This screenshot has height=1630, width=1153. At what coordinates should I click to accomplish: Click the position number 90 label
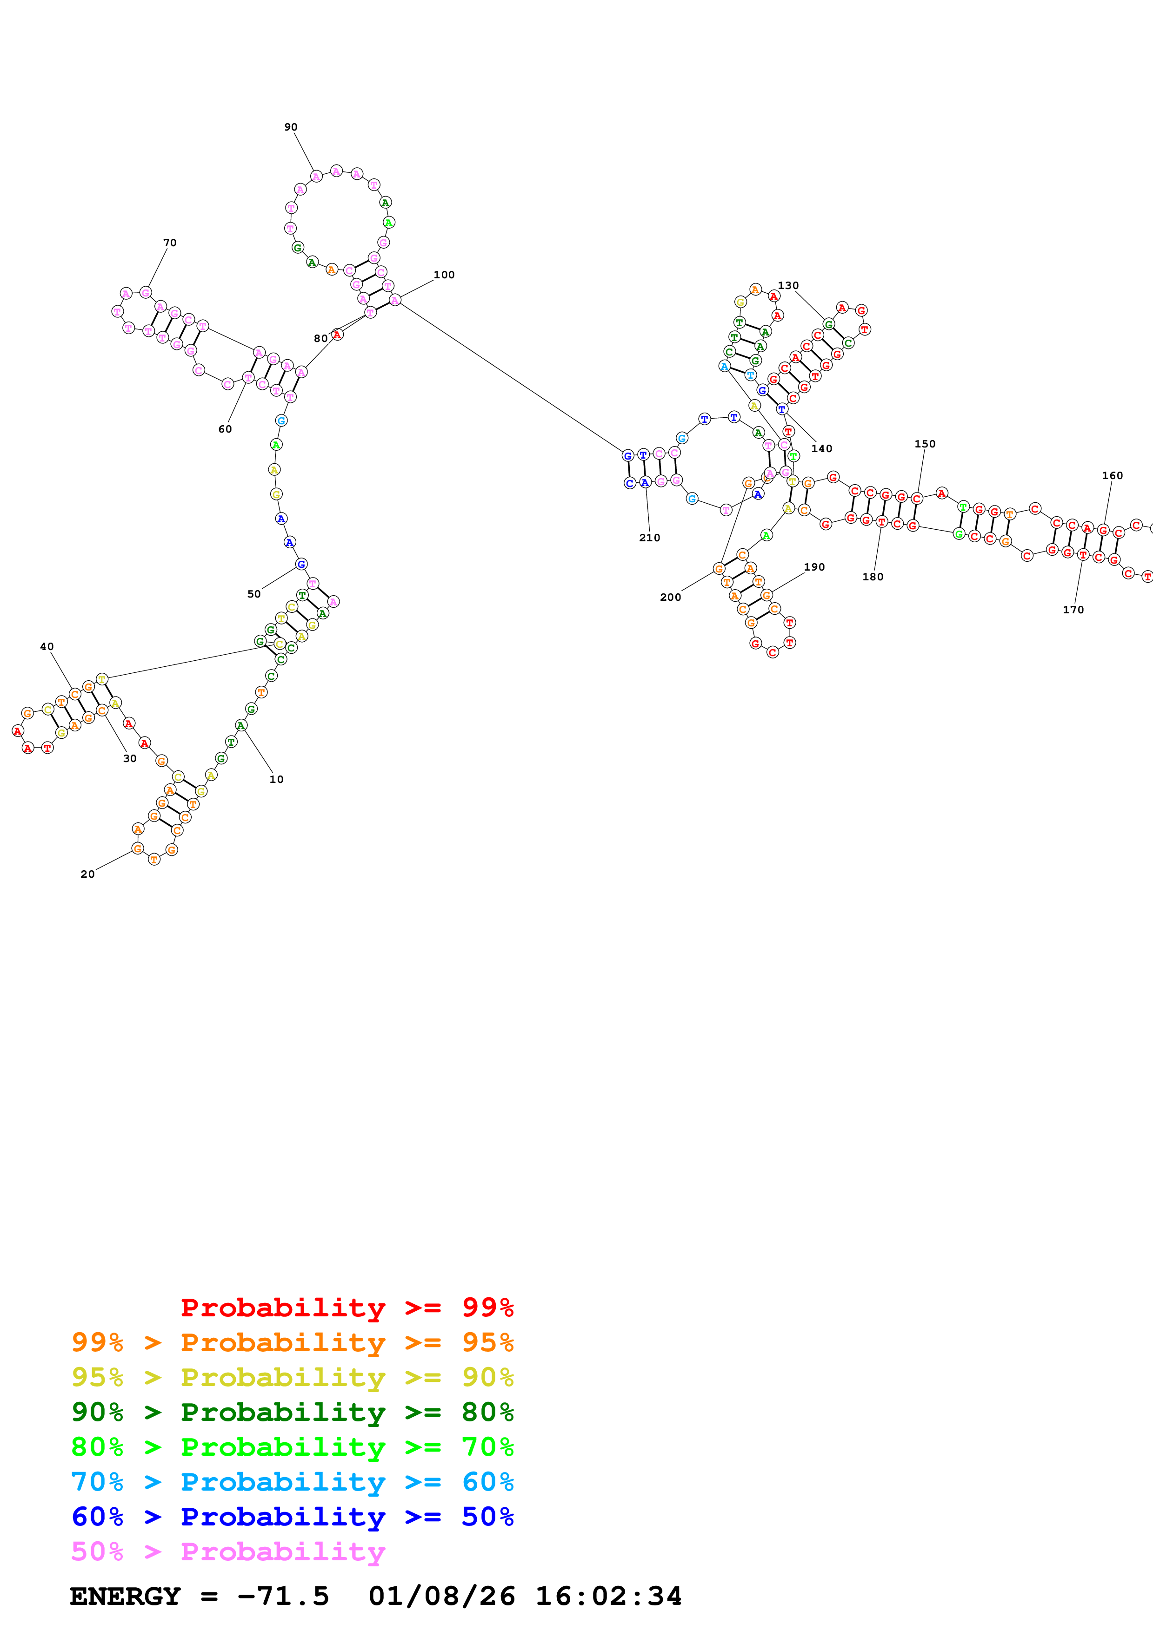(291, 127)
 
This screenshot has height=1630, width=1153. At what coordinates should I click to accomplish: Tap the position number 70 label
(170, 243)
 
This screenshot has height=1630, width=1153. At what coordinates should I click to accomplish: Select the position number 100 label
(444, 275)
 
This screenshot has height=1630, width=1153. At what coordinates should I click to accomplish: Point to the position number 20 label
(87, 874)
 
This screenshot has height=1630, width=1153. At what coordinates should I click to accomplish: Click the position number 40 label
(47, 647)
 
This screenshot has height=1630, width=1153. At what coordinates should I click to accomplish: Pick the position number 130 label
(788, 285)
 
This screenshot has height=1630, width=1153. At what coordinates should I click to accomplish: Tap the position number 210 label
(649, 538)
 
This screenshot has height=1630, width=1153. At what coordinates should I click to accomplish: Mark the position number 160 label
(1112, 476)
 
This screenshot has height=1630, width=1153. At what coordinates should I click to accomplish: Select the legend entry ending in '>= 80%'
(293, 1412)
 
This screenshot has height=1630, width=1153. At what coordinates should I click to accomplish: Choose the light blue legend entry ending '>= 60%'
(293, 1482)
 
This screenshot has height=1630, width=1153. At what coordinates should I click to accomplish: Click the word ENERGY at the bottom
(125, 1597)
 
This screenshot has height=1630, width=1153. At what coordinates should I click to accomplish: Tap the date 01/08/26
(441, 1597)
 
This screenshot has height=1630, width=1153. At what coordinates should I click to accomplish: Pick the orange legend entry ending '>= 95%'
(293, 1342)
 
